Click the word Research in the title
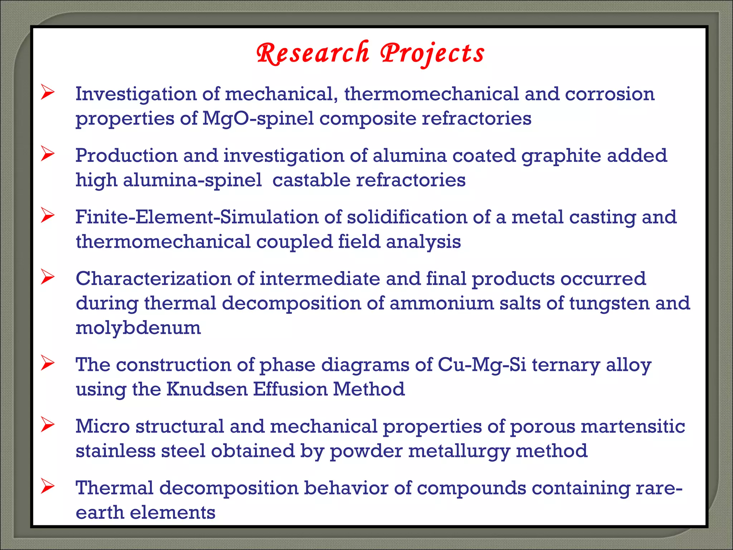[312, 53]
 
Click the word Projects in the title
[432, 53]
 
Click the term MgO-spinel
[258, 119]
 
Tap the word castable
[311, 180]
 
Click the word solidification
[407, 217]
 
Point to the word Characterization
[154, 279]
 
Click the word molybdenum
[138, 328]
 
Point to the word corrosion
[610, 94]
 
